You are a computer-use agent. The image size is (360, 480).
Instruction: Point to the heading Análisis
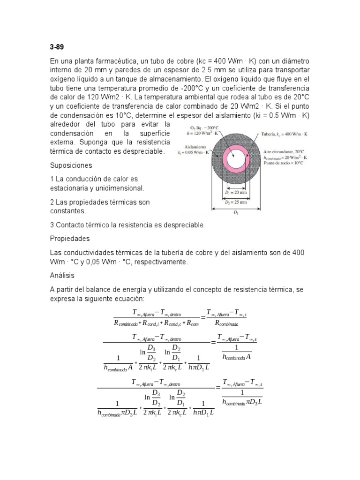point(62,276)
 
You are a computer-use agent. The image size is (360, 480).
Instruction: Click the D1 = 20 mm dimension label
point(232,192)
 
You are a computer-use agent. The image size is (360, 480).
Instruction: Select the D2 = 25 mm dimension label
point(233,202)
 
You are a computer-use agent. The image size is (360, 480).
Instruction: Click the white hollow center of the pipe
point(233,159)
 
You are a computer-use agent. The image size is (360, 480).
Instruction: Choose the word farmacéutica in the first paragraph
point(113,62)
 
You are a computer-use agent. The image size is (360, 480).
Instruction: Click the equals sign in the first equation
point(203,317)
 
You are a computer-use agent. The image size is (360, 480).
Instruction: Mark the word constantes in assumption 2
point(67,211)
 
